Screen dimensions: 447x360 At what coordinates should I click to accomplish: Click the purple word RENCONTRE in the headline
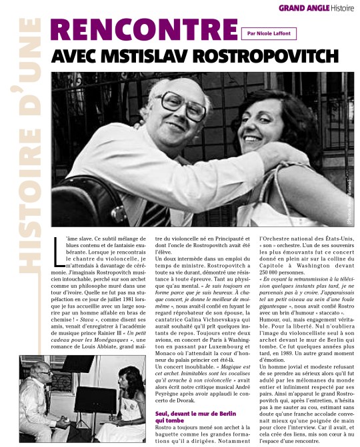click(142, 30)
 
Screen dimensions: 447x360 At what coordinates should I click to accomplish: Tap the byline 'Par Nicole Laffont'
click(271, 32)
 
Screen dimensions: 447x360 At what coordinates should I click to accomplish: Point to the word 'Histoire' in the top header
click(343, 8)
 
